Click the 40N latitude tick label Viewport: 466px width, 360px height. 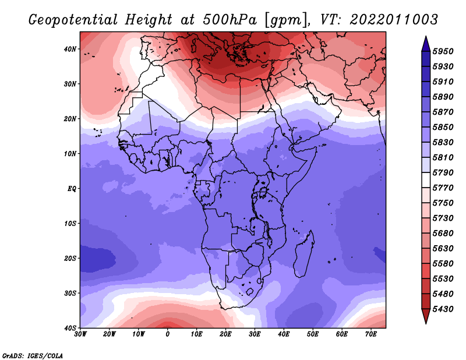pyautogui.click(x=70, y=49)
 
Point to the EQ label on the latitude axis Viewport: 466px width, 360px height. pyautogui.click(x=72, y=189)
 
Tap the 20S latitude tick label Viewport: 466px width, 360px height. pyautogui.click(x=70, y=258)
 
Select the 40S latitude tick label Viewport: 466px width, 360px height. pyautogui.click(x=70, y=328)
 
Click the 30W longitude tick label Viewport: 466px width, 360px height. pyautogui.click(x=80, y=334)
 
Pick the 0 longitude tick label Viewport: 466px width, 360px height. pyautogui.click(x=168, y=334)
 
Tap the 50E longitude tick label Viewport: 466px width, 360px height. pyautogui.click(x=313, y=334)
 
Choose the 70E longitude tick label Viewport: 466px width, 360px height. pyautogui.click(x=371, y=334)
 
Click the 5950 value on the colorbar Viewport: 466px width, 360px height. pyautogui.click(x=443, y=51)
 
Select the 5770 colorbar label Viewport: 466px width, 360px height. pyautogui.click(x=443, y=188)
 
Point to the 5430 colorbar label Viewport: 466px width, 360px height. pyautogui.click(x=443, y=309)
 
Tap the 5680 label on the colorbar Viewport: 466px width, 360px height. pyautogui.click(x=443, y=234)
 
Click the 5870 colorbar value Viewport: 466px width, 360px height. pyautogui.click(x=443, y=112)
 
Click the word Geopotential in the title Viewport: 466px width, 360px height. pyautogui.click(x=73, y=20)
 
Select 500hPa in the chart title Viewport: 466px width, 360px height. pyautogui.click(x=230, y=20)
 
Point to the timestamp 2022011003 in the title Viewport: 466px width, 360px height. pyautogui.click(x=394, y=20)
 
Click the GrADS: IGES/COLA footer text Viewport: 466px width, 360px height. pyautogui.click(x=33, y=356)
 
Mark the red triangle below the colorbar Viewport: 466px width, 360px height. pyautogui.click(x=426, y=316)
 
